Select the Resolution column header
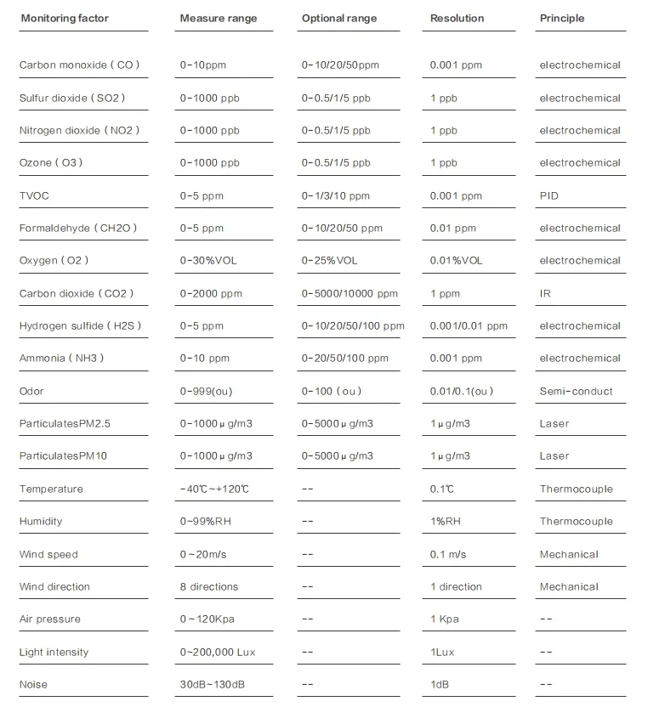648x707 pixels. click(x=457, y=18)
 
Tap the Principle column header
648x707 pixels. click(x=561, y=18)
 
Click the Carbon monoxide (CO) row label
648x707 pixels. click(x=79, y=65)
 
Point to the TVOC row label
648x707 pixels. click(x=34, y=195)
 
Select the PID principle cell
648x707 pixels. click(x=549, y=195)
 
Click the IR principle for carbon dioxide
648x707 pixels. click(x=545, y=293)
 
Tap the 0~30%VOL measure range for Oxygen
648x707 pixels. click(x=208, y=261)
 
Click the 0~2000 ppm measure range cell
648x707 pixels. click(x=211, y=293)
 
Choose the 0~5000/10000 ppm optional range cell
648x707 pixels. click(x=350, y=293)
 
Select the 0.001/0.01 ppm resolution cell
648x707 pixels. click(x=469, y=325)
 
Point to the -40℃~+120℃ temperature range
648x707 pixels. click(x=214, y=489)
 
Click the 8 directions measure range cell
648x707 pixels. click(x=209, y=586)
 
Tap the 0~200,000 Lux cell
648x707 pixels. click(x=217, y=652)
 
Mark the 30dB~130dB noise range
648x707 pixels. click(x=213, y=684)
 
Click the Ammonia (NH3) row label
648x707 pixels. click(x=61, y=359)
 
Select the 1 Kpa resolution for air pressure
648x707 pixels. click(x=444, y=619)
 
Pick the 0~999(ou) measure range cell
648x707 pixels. click(x=205, y=391)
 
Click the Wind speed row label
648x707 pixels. click(x=48, y=554)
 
